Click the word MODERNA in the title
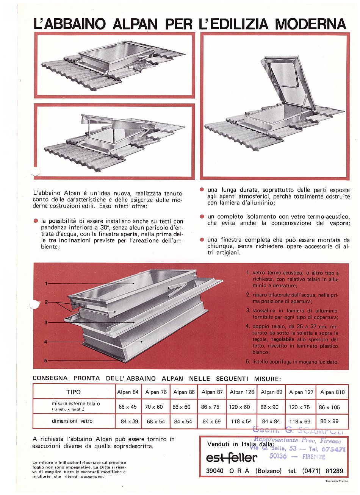coord(310,24)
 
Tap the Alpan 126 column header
coord(242,392)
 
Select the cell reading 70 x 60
coord(154,407)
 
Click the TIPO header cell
coord(74,392)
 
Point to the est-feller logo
coord(232,458)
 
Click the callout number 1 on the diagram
coord(46,283)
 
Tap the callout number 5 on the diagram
coord(46,361)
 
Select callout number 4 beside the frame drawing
coord(46,342)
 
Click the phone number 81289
coord(334,471)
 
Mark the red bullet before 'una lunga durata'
coord(202,189)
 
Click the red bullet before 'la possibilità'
coord(36,221)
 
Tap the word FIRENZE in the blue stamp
coord(314,457)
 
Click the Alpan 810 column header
coord(332,392)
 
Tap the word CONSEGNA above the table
coord(50,378)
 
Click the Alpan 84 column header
coord(128,392)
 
